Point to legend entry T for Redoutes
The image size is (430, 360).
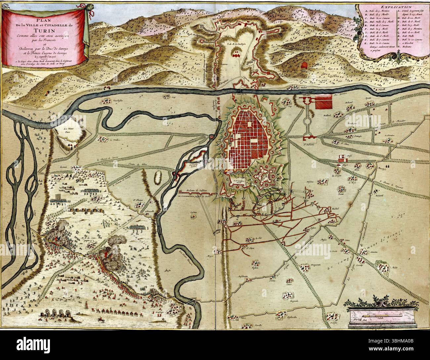pyautogui.click(x=410, y=47)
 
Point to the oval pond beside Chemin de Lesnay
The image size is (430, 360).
pyautogui.click(x=158, y=177)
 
